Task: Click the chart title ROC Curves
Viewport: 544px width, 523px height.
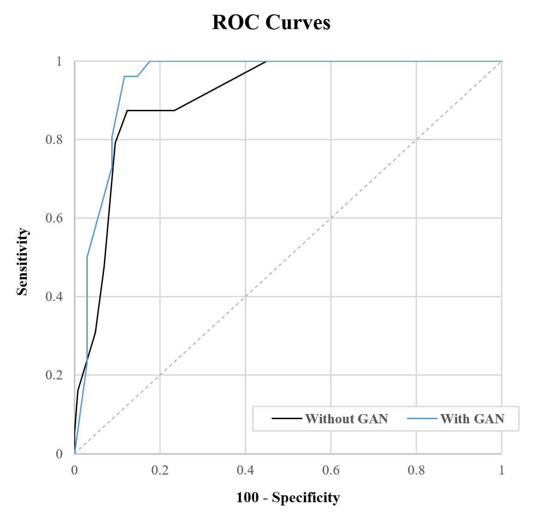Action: [x=271, y=23]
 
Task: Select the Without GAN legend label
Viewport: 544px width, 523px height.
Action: [x=346, y=419]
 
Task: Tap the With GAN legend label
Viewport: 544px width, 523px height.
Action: [x=472, y=419]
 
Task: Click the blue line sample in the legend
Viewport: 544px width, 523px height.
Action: [x=422, y=419]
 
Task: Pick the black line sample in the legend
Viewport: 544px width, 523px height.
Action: [x=287, y=419]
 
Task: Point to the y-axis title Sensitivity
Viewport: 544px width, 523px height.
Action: [x=22, y=262]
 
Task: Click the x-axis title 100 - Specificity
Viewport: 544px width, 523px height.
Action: [x=288, y=498]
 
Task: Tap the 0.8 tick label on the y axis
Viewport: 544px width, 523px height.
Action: [x=54, y=139]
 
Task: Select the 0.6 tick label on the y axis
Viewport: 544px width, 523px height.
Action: [x=54, y=218]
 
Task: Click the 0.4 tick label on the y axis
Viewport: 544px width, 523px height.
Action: [x=54, y=296]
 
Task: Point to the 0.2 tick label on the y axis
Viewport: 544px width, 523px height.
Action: [x=54, y=375]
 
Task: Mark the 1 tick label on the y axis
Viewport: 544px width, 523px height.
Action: [x=59, y=61]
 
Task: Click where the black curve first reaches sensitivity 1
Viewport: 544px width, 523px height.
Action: [x=266, y=61]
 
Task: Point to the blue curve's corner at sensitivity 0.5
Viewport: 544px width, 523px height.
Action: [x=87, y=257]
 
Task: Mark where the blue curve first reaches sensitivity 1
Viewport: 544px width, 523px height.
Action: [x=150, y=61]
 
